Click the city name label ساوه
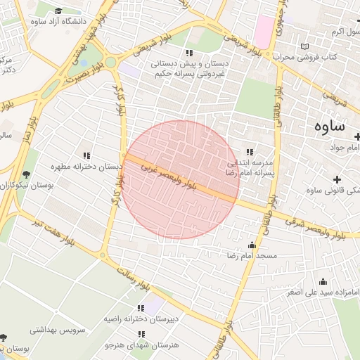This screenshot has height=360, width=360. [x=328, y=127]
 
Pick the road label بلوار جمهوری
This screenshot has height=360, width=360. [x=279, y=15]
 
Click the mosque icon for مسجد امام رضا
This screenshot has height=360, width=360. [x=252, y=245]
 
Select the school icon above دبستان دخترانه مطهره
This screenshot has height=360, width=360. [x=86, y=155]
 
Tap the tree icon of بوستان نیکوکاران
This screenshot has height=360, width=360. [x=27, y=174]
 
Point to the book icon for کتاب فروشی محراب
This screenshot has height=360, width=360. [x=304, y=46]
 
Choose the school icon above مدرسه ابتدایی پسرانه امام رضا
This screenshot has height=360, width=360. [x=249, y=152]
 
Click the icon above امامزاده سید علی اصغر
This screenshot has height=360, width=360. [x=323, y=281]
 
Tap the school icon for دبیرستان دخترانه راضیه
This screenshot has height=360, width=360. [x=141, y=308]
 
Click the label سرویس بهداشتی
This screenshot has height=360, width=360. [x=57, y=328]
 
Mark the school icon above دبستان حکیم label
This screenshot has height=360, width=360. [x=188, y=53]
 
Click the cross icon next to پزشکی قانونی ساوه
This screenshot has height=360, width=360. [x=336, y=179]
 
